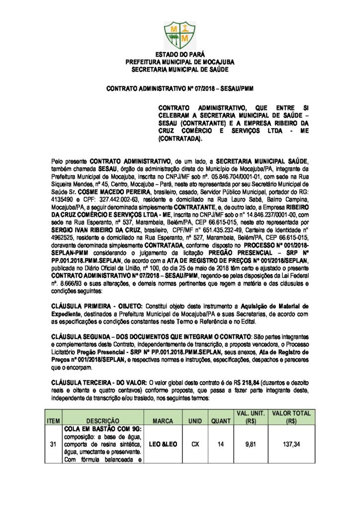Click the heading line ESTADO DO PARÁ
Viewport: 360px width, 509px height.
coord(180,55)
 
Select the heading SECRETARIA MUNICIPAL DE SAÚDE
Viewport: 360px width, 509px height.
coord(180,71)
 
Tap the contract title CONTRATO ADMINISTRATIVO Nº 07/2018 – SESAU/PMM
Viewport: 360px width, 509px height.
coord(180,89)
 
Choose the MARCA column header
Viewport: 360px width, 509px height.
coord(163,421)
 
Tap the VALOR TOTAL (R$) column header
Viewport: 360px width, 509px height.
coord(291,417)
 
